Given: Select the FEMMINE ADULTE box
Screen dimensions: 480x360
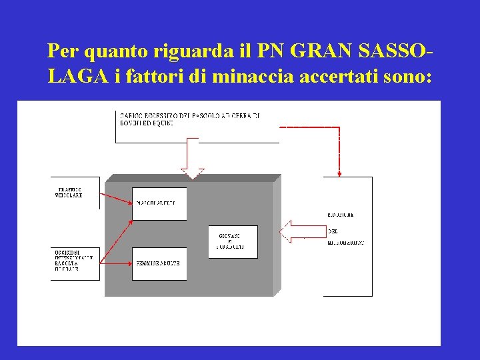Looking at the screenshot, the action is click(x=159, y=264).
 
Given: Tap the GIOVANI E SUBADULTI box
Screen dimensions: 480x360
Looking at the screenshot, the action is click(x=233, y=242).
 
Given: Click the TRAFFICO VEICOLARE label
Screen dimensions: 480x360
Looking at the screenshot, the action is click(x=69, y=193).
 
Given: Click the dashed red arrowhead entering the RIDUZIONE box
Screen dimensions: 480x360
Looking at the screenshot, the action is click(x=339, y=174).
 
